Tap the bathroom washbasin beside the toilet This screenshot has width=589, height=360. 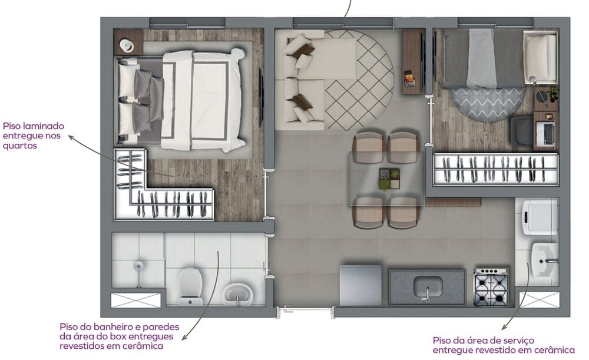(x=237, y=293)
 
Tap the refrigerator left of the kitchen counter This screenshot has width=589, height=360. (x=360, y=285)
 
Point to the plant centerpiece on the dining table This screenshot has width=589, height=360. (x=389, y=178)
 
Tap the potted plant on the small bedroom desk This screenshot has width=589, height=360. (x=553, y=93)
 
